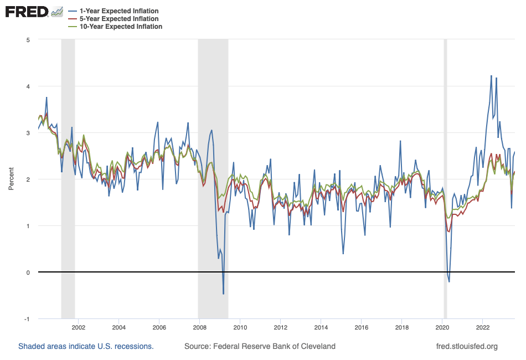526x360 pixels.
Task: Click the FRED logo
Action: click(x=27, y=12)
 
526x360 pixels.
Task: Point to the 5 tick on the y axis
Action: click(x=27, y=40)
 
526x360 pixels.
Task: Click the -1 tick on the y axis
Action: click(x=26, y=319)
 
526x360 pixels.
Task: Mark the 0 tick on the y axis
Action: click(x=27, y=272)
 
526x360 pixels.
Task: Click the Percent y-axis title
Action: click(x=11, y=179)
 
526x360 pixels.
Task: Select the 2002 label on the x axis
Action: click(x=78, y=327)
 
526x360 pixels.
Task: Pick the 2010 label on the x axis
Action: click(x=240, y=327)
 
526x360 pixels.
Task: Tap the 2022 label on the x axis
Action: click(x=483, y=327)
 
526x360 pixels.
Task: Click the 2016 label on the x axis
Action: click(x=361, y=327)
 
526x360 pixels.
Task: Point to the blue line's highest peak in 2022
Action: click(x=491, y=76)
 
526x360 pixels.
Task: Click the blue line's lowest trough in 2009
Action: click(x=223, y=294)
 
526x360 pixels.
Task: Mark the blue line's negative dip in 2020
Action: click(x=449, y=282)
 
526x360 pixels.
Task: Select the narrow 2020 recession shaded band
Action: click(x=445, y=166)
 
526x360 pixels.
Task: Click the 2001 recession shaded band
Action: click(x=68, y=166)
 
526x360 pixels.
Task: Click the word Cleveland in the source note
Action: click(x=317, y=347)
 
